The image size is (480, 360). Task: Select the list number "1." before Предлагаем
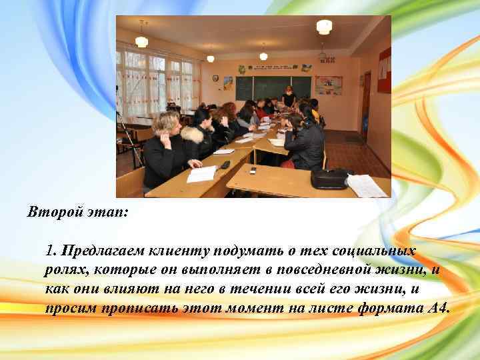(x=52, y=251)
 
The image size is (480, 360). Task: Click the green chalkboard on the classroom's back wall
(x=273, y=87)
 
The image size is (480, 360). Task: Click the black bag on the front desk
(x=329, y=178)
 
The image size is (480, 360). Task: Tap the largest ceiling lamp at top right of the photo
(x=324, y=27)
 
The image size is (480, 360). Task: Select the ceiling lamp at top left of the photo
(x=141, y=41)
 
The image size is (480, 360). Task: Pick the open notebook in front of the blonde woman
(x=201, y=174)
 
